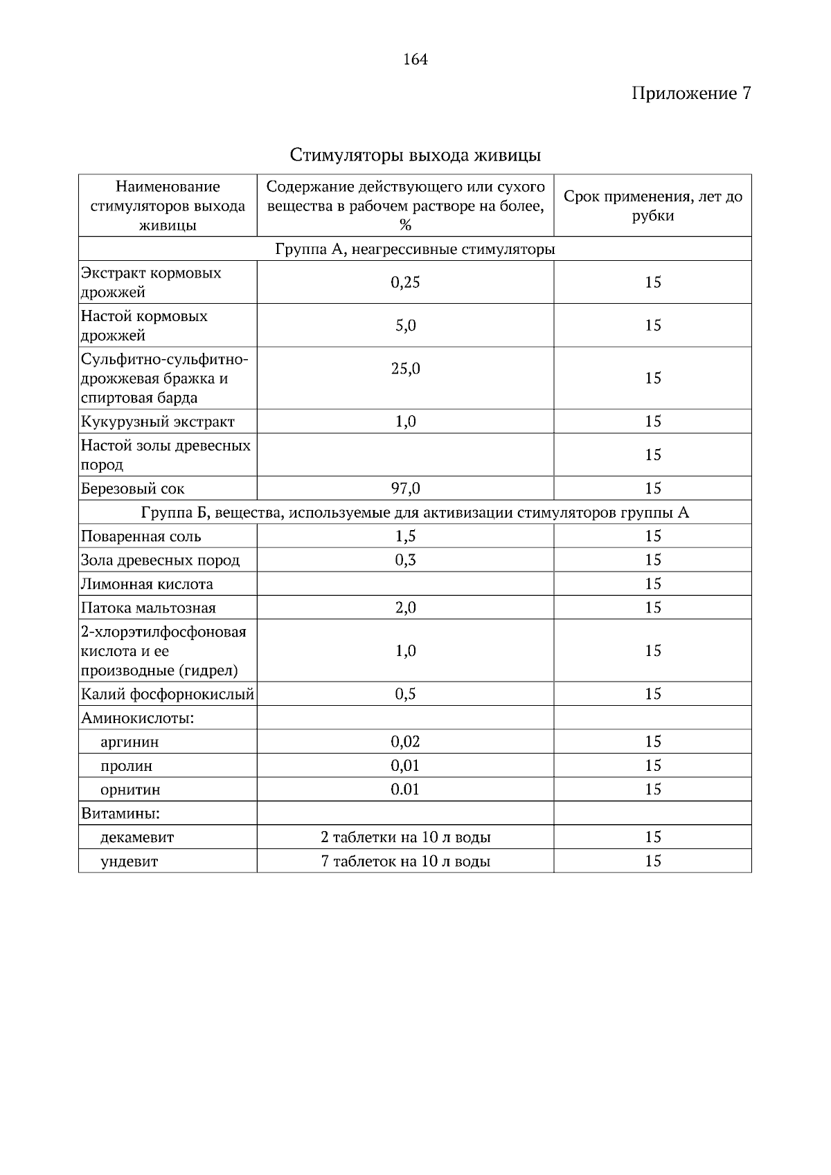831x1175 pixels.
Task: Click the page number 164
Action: click(x=415, y=60)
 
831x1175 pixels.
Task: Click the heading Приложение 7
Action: click(x=690, y=93)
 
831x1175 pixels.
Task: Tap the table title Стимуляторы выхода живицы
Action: click(x=415, y=155)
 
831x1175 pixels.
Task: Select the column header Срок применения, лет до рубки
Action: click(x=652, y=206)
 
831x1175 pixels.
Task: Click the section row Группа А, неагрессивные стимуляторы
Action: click(x=415, y=249)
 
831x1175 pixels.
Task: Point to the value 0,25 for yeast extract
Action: click(x=405, y=282)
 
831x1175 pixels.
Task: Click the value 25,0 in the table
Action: click(x=405, y=369)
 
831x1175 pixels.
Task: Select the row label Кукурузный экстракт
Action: click(x=158, y=421)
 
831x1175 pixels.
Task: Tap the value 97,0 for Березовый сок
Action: click(x=405, y=489)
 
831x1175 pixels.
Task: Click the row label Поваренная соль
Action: click(x=141, y=536)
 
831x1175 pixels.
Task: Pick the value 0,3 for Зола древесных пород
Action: click(x=405, y=560)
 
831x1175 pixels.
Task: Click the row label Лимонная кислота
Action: click(x=147, y=584)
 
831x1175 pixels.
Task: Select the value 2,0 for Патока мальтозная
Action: click(x=405, y=608)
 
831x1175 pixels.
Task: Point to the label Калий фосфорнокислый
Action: click(x=168, y=694)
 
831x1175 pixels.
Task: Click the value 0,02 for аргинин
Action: click(x=405, y=742)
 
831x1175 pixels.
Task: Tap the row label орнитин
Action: click(x=130, y=790)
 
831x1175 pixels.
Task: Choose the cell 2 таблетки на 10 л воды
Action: click(x=405, y=837)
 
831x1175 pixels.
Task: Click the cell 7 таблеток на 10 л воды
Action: click(x=405, y=862)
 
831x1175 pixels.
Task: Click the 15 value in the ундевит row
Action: click(x=652, y=862)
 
